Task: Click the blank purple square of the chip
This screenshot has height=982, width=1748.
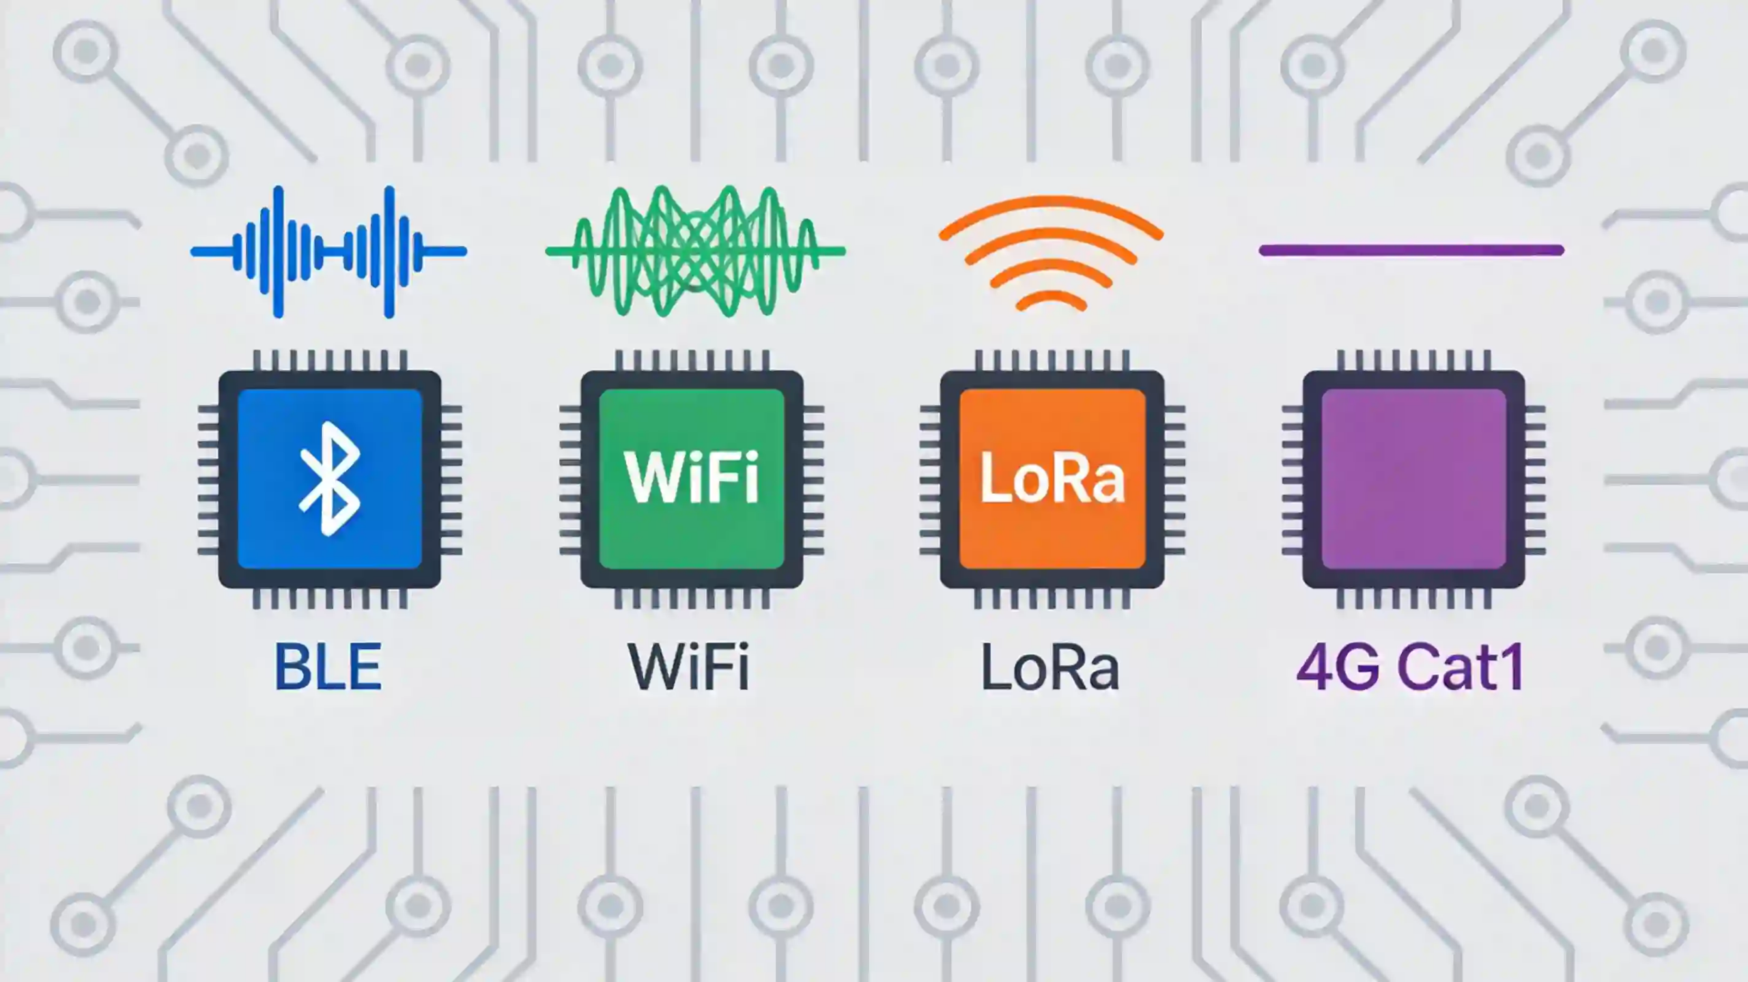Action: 1413,478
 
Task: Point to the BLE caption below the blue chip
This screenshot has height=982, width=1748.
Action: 328,667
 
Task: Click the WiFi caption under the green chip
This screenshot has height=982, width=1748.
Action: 688,667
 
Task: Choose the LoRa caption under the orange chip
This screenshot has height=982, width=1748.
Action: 1050,667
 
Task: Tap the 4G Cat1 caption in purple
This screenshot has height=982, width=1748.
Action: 1411,667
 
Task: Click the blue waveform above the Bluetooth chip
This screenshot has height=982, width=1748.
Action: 328,251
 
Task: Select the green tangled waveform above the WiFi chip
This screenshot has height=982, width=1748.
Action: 695,251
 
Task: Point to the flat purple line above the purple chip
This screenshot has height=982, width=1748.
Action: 1411,251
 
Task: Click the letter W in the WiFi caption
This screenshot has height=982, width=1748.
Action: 655,667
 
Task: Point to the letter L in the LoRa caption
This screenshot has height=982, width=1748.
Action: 993,667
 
